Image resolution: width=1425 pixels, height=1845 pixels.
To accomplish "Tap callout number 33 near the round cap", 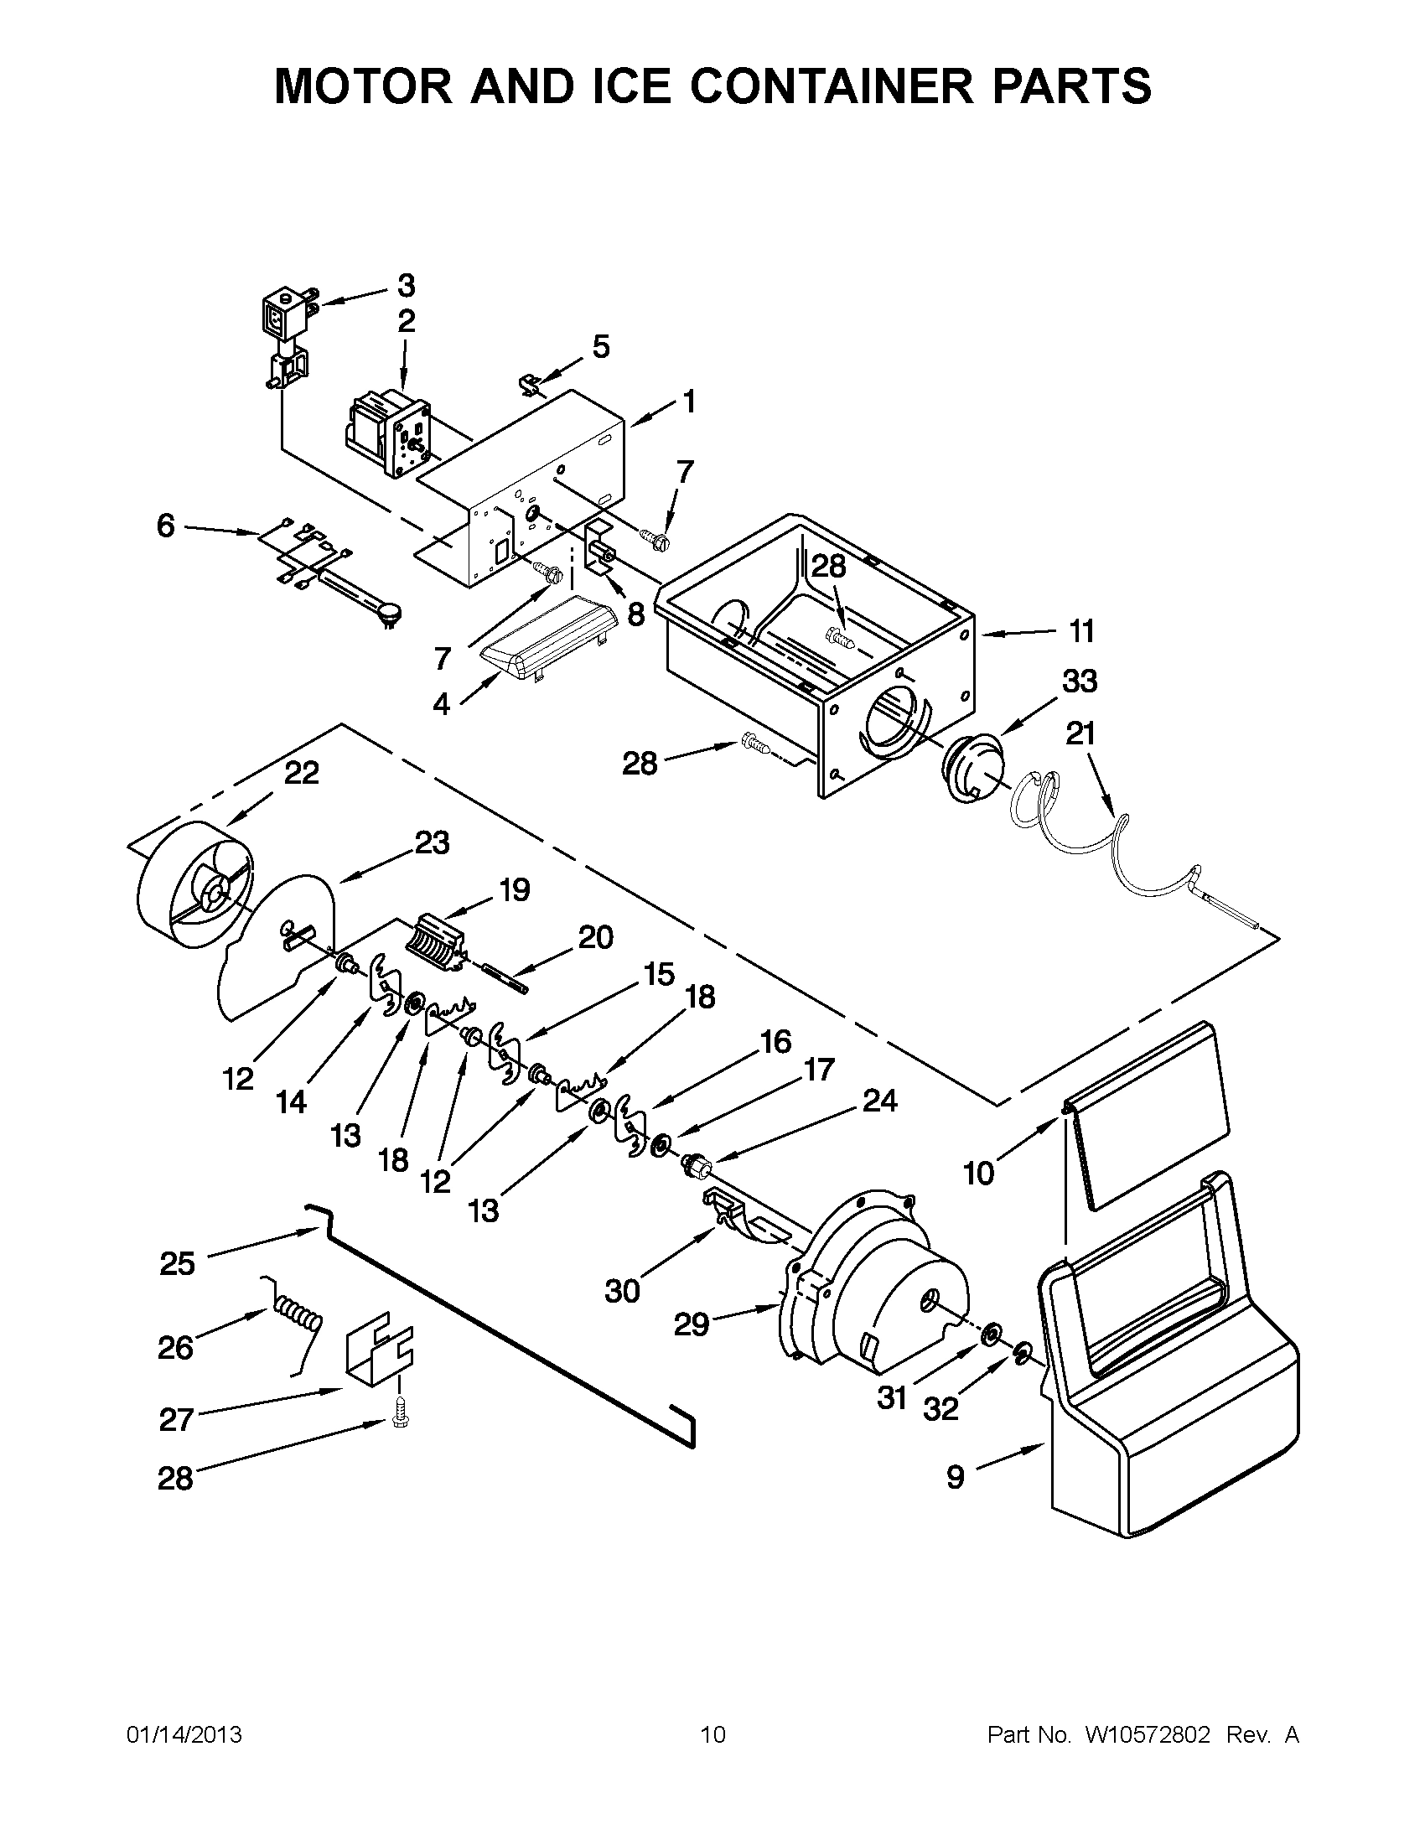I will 1079,681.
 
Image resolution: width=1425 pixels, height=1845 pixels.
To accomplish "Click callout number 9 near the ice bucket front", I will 955,1478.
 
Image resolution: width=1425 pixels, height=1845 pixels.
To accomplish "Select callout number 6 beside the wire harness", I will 166,526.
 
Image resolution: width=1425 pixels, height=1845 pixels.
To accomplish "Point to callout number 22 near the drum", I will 301,773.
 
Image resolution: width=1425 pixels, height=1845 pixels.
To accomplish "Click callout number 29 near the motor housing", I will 691,1324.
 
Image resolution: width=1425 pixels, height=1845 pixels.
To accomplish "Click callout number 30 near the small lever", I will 623,1291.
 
